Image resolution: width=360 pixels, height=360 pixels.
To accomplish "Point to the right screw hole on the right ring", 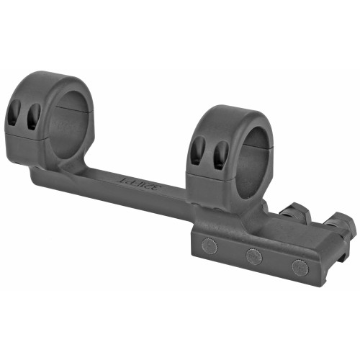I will [220, 153].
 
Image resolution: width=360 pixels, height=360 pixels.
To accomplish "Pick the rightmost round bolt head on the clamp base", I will [299, 266].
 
